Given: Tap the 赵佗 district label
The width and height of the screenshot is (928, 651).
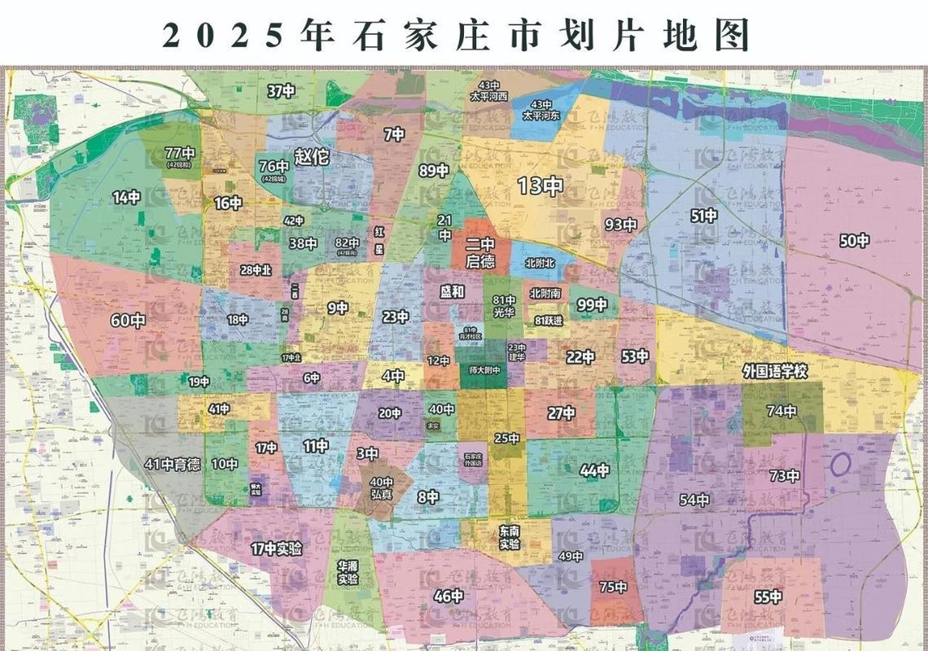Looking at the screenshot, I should (312, 156).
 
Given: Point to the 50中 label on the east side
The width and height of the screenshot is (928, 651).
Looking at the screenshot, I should (854, 240).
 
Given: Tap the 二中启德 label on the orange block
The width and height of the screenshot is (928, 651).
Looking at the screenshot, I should (479, 253).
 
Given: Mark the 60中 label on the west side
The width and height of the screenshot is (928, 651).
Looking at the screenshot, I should (128, 321).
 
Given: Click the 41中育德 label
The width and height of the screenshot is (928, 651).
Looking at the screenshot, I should (173, 465).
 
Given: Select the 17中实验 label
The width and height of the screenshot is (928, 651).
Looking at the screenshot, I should (276, 548).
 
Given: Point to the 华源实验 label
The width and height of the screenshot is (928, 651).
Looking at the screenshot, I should (348, 572).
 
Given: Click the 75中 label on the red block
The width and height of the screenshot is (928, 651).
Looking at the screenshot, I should (613, 587).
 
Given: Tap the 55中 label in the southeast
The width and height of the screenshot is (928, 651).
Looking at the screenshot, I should (767, 596).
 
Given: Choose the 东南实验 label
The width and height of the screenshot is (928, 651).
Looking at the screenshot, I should (510, 537).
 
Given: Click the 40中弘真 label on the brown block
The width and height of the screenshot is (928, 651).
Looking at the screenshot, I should (382, 487).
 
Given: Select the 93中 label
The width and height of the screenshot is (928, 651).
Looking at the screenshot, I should (620, 225).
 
